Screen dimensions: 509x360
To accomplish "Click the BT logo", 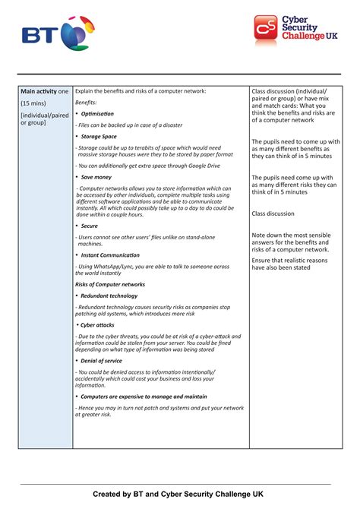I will [58, 34].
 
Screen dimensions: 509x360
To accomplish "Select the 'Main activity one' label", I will [45, 91].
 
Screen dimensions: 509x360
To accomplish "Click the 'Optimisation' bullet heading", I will [97, 113].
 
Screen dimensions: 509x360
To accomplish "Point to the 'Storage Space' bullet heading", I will [99, 136].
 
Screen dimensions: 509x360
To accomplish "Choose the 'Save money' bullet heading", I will [96, 176].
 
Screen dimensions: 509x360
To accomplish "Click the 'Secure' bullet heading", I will [90, 226].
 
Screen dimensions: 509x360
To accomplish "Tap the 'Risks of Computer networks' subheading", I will [109, 284].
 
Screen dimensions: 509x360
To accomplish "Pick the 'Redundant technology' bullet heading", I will [109, 296].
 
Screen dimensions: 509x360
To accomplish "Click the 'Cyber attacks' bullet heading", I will [98, 324].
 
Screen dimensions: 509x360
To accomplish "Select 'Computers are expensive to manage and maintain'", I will [144, 396].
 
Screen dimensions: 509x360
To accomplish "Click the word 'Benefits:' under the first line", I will [86, 102].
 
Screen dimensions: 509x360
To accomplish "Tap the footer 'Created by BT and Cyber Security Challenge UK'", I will [179, 494].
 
